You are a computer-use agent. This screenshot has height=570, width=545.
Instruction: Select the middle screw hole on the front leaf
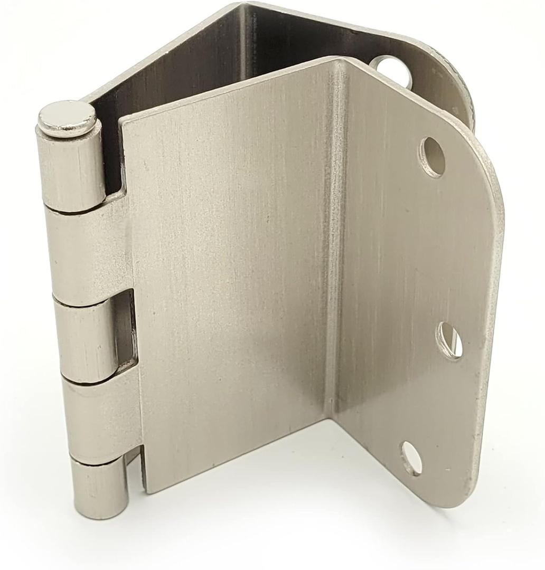(449, 341)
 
